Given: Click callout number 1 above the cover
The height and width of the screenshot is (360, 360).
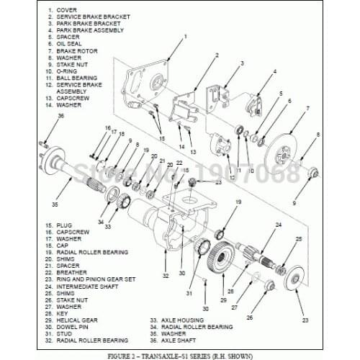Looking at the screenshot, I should point(185,36).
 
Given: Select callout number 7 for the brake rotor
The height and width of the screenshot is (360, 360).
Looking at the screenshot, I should point(307,109).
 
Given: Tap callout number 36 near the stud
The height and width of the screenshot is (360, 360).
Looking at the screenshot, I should point(40,116).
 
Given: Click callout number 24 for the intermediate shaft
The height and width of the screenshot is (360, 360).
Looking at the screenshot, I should point(277,225).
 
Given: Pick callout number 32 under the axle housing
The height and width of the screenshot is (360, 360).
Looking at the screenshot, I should point(165,275).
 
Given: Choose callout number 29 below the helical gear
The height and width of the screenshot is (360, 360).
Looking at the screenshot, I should point(223,300).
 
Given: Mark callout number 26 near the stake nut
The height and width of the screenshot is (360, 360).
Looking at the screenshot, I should point(250,317).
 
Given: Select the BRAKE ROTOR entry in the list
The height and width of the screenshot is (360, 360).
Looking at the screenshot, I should point(78,50).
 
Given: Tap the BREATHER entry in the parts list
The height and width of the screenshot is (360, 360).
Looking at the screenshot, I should point(72,273).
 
